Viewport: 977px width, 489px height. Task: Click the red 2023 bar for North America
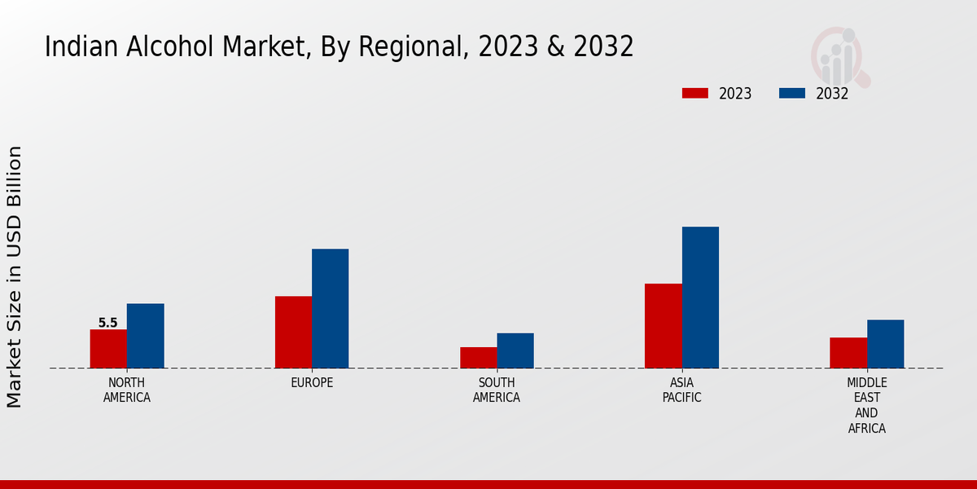pos(108,349)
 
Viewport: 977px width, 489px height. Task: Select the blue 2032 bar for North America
pos(145,336)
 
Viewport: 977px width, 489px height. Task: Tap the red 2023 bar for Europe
pos(293,332)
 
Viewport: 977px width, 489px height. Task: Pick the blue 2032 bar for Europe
pos(330,308)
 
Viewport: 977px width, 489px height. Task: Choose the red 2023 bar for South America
pos(478,358)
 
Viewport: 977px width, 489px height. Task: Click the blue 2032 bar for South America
pos(515,350)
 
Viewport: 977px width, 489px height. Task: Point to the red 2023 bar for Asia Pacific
pos(663,326)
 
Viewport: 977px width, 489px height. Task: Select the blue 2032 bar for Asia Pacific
pos(700,297)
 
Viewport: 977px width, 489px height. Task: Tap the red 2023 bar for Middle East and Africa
pos(848,353)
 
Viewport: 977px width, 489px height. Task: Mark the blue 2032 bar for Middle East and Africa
pos(885,344)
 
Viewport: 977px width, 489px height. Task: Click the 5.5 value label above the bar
pos(107,323)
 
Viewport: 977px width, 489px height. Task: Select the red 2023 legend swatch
pos(695,93)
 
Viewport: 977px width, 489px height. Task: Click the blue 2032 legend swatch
pos(792,93)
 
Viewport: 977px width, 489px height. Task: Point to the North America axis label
pos(127,390)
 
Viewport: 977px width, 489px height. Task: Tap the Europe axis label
pos(312,382)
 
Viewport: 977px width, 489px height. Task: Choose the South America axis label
pos(497,390)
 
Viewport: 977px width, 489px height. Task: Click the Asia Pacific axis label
pos(681,390)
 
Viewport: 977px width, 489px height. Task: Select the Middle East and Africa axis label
pos(867,405)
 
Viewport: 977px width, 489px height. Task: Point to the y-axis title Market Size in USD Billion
pos(15,277)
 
